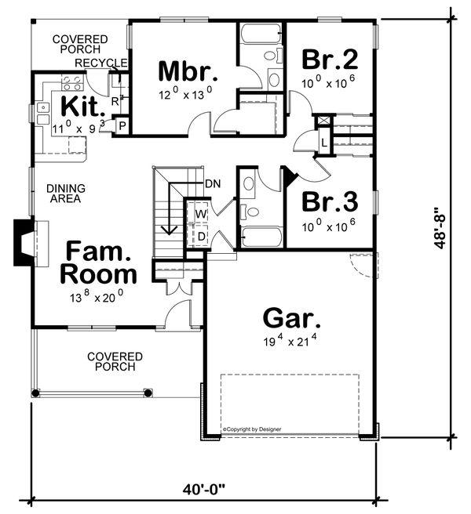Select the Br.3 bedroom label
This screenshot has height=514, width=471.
point(330,201)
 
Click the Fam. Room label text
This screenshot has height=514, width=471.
point(100,262)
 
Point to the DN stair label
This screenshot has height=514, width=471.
point(212,183)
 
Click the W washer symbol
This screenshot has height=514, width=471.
point(199,213)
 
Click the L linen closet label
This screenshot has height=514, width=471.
point(324,141)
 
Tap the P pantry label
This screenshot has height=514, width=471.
point(122,125)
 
